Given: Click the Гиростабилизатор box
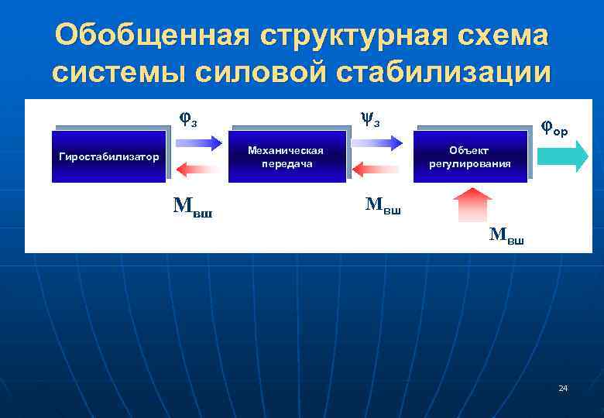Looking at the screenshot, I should pyautogui.click(x=109, y=157).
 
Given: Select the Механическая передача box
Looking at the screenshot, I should pyautogui.click(x=287, y=157).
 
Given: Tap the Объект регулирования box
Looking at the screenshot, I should pyautogui.click(x=471, y=157).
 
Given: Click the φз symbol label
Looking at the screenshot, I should pyautogui.click(x=187, y=119).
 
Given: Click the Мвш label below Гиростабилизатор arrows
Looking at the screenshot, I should pyautogui.click(x=192, y=206).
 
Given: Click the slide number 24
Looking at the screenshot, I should pyautogui.click(x=563, y=387).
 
